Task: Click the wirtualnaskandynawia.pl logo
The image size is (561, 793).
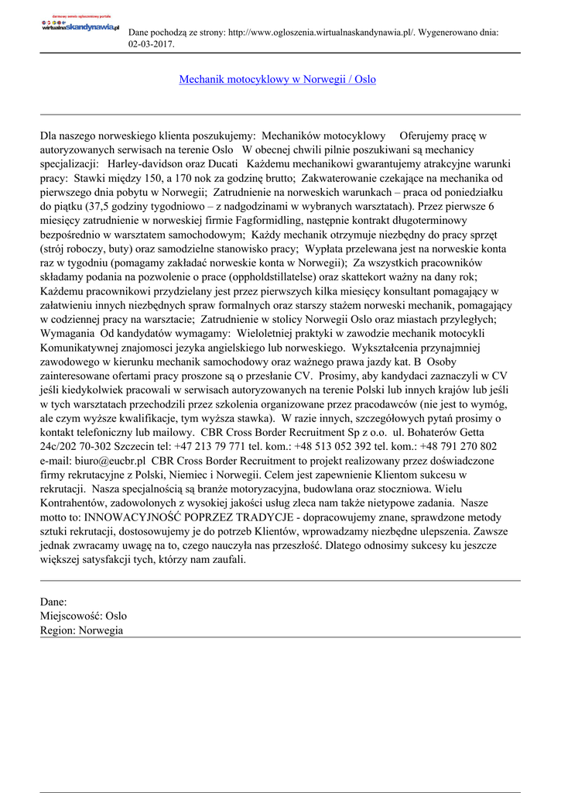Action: pyautogui.click(x=80, y=26)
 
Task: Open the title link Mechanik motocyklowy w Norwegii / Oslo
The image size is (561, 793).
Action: pyautogui.click(x=278, y=80)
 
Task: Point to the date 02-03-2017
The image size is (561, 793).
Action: pyautogui.click(x=151, y=44)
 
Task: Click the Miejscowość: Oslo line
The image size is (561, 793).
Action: pyautogui.click(x=84, y=616)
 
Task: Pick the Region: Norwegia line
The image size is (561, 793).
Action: pyautogui.click(x=81, y=630)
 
